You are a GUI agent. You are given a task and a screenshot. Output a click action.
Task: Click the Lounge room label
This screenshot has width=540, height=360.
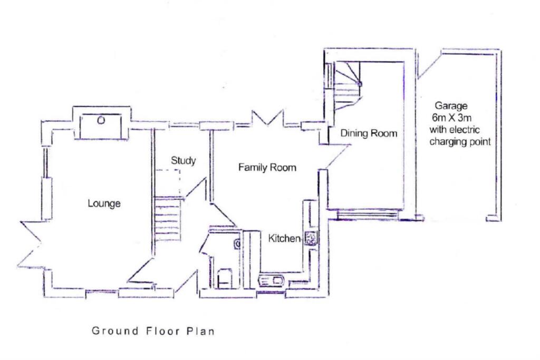click(x=104, y=203)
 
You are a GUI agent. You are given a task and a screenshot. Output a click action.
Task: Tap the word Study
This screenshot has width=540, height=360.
click(x=183, y=160)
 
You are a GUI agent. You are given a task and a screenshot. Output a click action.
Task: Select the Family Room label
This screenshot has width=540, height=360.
click(x=267, y=168)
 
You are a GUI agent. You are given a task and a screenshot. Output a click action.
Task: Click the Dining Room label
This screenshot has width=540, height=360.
click(x=368, y=133)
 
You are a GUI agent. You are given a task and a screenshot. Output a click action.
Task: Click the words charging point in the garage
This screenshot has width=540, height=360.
click(x=460, y=142)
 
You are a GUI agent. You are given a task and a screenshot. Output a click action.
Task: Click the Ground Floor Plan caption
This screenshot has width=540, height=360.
click(x=153, y=331)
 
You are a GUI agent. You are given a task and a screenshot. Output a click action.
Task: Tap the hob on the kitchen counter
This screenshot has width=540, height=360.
click(x=310, y=239)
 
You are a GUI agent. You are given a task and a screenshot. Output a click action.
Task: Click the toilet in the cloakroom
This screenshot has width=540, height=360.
click(x=224, y=277)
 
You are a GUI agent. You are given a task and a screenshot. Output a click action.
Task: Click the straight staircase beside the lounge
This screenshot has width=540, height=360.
click(x=168, y=218)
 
